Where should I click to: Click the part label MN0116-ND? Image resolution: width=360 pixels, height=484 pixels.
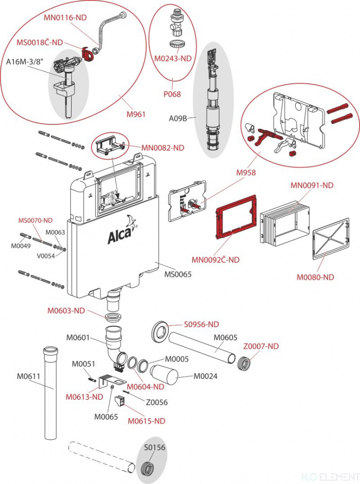click(65, 17)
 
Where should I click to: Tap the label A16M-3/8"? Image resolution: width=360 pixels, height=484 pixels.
click(25, 62)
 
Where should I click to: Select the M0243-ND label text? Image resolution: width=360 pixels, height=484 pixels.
click(173, 59)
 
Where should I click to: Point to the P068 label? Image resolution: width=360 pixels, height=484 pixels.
click(172, 94)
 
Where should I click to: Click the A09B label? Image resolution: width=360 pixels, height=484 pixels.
click(178, 118)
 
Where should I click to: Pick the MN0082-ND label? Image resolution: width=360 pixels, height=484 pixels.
click(163, 148)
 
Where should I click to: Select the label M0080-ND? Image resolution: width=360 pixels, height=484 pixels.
click(315, 277)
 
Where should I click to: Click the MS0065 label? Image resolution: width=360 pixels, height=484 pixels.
click(178, 274)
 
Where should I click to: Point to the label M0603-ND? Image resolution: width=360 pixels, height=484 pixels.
click(66, 311)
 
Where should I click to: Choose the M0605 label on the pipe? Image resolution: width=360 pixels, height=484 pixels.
click(225, 338)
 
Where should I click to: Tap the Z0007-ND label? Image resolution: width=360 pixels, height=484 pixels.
click(261, 347)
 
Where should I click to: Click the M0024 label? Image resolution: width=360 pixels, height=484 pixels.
click(206, 376)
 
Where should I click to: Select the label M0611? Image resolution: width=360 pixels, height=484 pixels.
click(29, 376)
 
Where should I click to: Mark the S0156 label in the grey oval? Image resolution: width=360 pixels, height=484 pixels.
click(154, 447)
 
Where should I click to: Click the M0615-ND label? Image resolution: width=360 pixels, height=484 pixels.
click(147, 421)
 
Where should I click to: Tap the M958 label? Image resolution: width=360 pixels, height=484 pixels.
click(246, 173)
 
